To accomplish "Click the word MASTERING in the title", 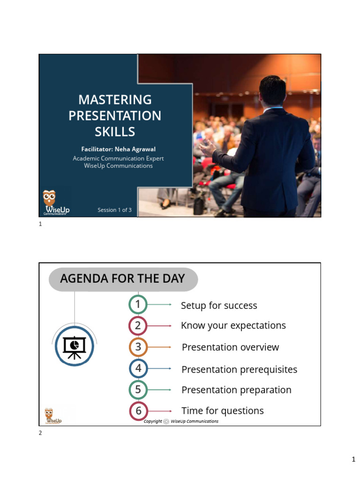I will click(x=115, y=100).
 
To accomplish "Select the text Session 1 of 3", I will click(x=114, y=210).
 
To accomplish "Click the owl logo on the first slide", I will click(x=49, y=197).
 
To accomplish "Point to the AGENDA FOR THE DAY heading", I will click(x=122, y=278).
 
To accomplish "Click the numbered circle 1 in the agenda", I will click(x=138, y=305).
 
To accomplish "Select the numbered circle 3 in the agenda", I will click(x=138, y=347).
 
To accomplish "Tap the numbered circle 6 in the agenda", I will click(x=138, y=411).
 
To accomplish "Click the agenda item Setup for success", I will click(x=219, y=306).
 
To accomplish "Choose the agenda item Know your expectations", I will click(x=233, y=325).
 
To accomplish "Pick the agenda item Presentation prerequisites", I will click(x=239, y=369).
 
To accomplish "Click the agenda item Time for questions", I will click(x=222, y=411).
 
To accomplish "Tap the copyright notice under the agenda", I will click(x=181, y=421).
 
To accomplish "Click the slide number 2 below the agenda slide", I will click(x=40, y=433).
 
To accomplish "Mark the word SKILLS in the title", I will click(x=115, y=132).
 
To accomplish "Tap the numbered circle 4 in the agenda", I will click(x=138, y=368).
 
